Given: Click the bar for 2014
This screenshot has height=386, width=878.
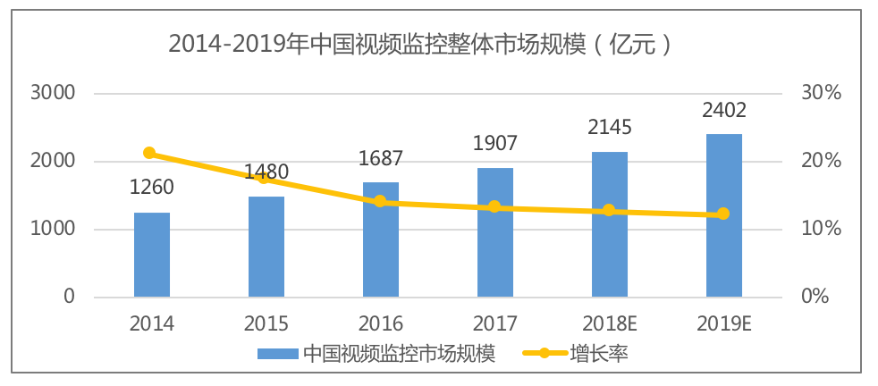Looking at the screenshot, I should (x=151, y=255).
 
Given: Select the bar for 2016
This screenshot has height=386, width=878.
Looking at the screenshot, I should (x=380, y=239).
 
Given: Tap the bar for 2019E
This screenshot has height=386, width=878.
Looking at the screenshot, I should (x=723, y=215).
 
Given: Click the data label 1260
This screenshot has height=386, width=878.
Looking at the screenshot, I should (x=151, y=188).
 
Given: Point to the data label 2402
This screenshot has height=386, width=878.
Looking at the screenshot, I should (x=723, y=111).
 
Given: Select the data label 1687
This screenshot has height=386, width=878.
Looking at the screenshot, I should (x=380, y=159).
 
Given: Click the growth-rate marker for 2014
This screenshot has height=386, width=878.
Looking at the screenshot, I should (x=149, y=153).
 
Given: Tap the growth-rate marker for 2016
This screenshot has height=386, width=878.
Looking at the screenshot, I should (x=380, y=201).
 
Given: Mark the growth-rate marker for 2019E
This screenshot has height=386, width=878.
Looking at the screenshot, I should (x=723, y=214).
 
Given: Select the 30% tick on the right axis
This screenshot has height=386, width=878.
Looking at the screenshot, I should (x=819, y=93).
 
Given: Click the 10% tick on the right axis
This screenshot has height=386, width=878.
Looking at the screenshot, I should (x=819, y=230).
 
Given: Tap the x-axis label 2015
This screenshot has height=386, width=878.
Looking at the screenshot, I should (x=266, y=323).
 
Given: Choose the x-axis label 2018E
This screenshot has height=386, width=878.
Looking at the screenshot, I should (x=609, y=323).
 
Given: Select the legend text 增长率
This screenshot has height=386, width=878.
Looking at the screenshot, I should (x=598, y=353).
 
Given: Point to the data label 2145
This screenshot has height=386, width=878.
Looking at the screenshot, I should (x=609, y=128).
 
